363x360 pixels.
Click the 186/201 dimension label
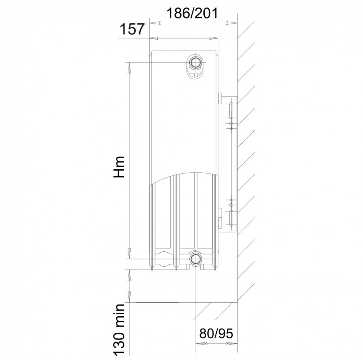pos(192,13)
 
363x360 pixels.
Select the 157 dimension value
pos(132,30)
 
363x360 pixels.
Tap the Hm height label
pos(119,167)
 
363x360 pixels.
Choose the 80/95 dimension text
pos(216,333)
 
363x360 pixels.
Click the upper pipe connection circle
pos(196,62)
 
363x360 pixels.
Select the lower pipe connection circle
pos(196,259)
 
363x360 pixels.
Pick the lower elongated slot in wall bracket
pos(231,218)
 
